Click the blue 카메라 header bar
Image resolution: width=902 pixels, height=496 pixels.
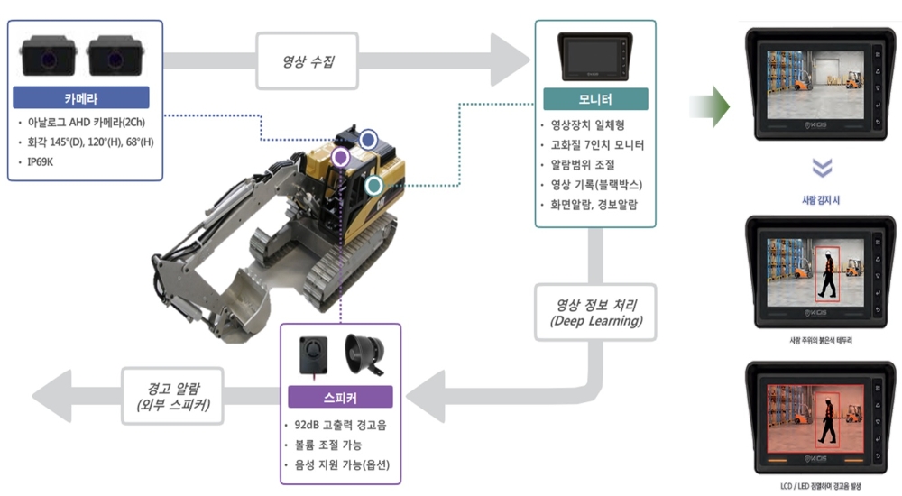[82, 97]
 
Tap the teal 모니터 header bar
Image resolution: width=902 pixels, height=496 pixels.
[595, 99]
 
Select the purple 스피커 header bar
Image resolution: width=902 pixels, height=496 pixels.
[341, 397]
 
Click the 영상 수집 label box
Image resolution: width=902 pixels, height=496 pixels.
[307, 61]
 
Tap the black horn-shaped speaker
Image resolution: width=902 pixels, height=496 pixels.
[362, 354]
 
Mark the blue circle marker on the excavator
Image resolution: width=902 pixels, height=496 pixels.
[368, 139]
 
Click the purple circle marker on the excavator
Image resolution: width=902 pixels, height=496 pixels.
[340, 157]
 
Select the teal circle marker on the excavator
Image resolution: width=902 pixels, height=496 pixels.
[373, 187]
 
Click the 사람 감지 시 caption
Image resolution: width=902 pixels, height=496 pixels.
[822, 200]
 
